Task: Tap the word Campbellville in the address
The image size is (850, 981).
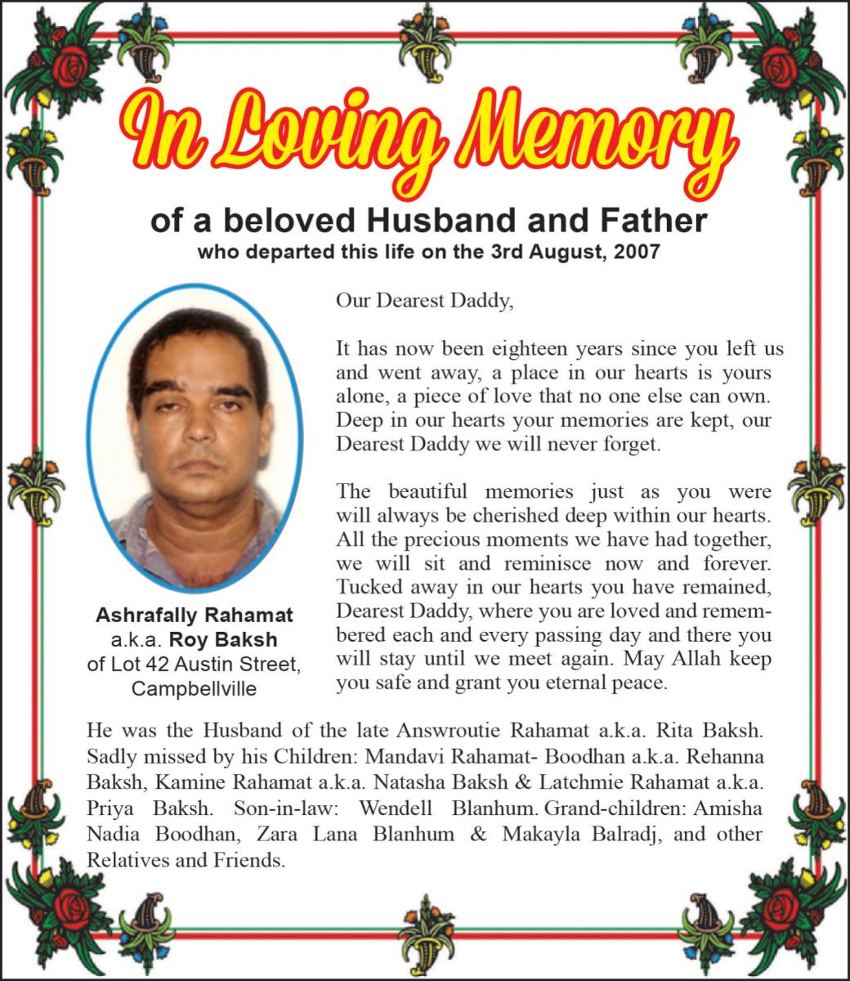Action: coord(194,688)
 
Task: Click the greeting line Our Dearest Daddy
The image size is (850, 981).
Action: coord(424,300)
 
